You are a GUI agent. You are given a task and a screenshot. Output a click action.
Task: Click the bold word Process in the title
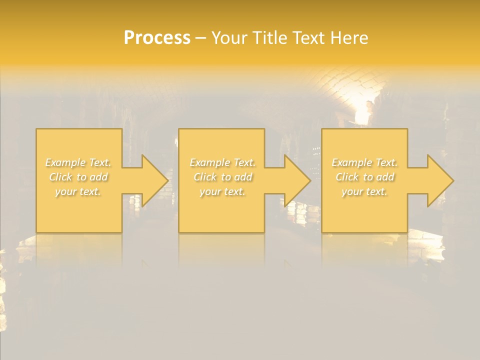point(157,38)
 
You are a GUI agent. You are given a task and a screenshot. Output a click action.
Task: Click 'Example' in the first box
point(65,162)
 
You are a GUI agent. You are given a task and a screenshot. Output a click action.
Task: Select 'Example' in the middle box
point(209,162)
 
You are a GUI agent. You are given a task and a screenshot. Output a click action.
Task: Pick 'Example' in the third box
point(351,162)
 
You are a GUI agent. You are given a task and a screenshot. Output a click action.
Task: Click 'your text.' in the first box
point(78,191)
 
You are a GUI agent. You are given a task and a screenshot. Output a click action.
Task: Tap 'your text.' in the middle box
point(222,191)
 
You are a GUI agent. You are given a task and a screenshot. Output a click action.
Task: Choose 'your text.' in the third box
point(364,191)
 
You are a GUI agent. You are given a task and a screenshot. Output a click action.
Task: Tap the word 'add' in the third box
point(385,177)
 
